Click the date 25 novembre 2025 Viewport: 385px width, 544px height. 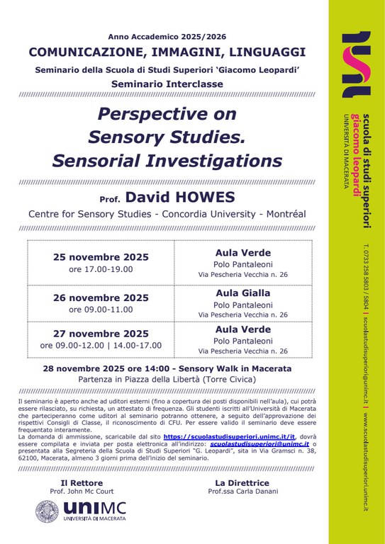point(101,256)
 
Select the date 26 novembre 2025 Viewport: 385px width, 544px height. point(101,297)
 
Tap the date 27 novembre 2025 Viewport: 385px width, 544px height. point(101,334)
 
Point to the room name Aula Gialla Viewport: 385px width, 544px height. point(242,292)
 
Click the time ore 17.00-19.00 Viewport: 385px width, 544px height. point(101,269)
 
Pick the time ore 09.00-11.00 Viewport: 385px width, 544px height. point(101,310)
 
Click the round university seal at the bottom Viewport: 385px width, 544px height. point(47,512)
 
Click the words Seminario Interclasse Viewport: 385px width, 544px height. point(167,84)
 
